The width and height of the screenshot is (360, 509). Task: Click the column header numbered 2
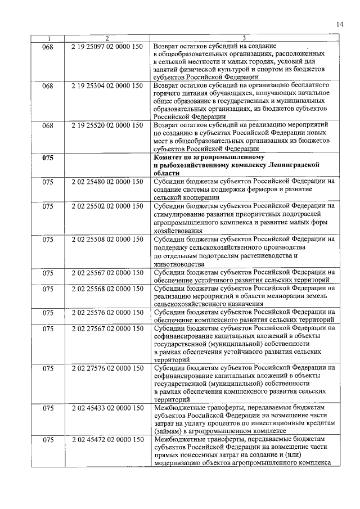point(107,38)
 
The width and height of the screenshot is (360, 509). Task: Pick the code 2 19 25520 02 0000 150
point(107,125)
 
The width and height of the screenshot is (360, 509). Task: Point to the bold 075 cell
point(48,158)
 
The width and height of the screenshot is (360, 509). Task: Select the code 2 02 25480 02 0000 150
point(107,182)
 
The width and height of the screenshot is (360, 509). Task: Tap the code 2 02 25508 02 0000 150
point(107,238)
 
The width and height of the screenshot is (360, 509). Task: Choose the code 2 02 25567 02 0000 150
point(107,272)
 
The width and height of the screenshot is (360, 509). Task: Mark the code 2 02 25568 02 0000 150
point(107,289)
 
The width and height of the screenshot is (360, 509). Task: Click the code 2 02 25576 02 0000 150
point(107,312)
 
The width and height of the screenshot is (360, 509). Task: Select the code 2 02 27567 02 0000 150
point(107,328)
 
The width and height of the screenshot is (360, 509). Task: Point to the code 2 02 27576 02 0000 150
point(107,368)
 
